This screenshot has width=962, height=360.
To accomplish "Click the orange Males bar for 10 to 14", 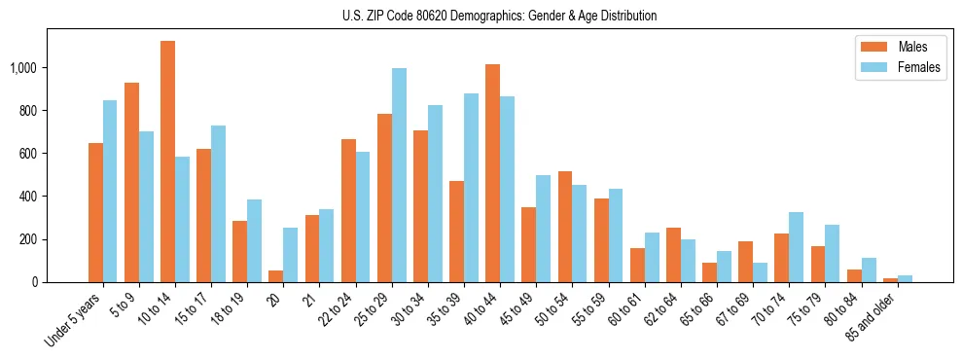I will pos(167,162).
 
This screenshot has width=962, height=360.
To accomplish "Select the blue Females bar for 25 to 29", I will pos(399,175).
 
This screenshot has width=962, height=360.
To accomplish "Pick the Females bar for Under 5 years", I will pos(110,191).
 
